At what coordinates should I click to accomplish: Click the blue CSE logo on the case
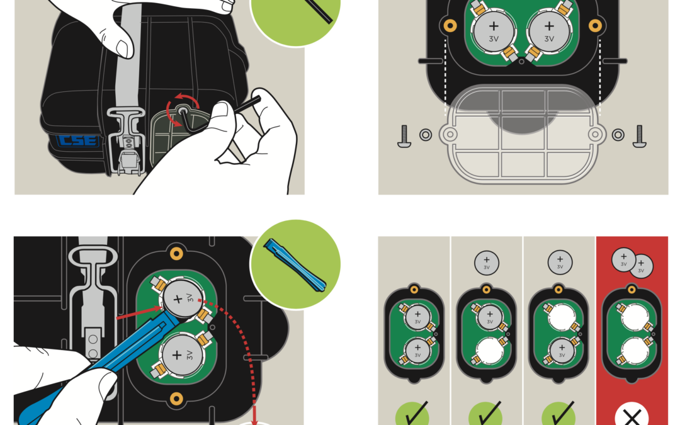[x=76, y=140]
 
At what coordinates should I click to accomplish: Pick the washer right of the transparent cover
[x=618, y=135]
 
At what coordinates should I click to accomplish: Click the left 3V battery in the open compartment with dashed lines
[x=494, y=31]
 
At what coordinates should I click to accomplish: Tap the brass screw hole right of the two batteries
[x=595, y=25]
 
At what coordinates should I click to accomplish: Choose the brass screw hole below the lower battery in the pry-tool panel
[x=176, y=399]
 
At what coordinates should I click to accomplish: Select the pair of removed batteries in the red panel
[x=632, y=261]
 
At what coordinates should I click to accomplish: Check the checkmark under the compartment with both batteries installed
[x=412, y=416]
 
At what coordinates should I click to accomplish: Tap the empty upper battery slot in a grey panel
[x=560, y=317]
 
